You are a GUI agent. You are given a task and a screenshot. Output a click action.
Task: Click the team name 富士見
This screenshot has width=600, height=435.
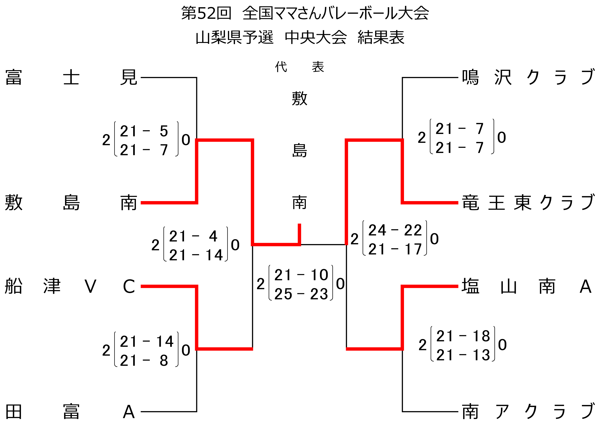pyautogui.click(x=71, y=77)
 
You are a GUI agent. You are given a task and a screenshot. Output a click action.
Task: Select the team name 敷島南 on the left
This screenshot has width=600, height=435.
pyautogui.click(x=71, y=202)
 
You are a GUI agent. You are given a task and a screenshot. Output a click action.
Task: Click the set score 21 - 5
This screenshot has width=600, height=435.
pyautogui.click(x=144, y=131)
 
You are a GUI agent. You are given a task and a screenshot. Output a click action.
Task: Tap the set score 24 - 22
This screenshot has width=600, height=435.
pyautogui.click(x=395, y=230)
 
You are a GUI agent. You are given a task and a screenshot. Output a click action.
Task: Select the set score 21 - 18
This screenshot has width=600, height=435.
pyautogui.click(x=463, y=336)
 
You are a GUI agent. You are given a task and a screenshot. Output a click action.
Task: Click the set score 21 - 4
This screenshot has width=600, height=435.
pyautogui.click(x=193, y=236)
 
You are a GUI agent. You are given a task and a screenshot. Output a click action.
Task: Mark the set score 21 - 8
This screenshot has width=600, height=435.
pyautogui.click(x=144, y=360)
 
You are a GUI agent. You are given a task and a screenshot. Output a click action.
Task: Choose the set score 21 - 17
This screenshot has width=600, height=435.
pyautogui.click(x=395, y=249)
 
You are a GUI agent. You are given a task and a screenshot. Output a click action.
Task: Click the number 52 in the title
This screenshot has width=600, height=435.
pyautogui.click(x=206, y=13)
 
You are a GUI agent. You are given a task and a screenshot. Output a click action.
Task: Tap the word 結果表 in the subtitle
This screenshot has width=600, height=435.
pyautogui.click(x=381, y=37)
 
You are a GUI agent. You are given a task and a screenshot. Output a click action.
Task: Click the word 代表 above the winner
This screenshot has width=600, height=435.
pyautogui.click(x=300, y=67)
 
